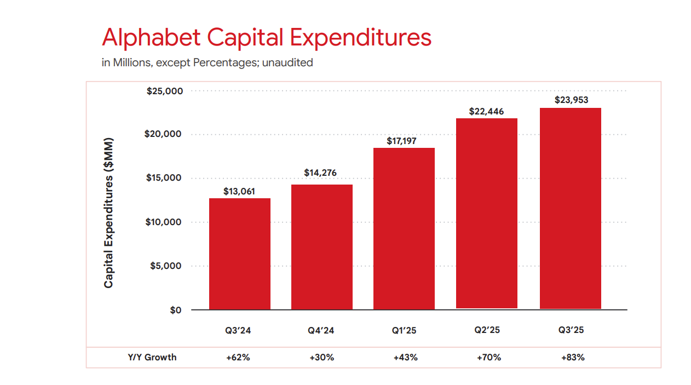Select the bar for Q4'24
322,247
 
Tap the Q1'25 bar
404,228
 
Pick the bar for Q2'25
486,214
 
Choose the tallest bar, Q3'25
571,208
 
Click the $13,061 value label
239,192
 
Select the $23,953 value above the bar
571,100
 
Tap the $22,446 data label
486,111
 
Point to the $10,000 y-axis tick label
164,222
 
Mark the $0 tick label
175,311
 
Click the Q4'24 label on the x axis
321,330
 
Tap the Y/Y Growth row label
152,358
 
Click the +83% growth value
573,358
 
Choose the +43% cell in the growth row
405,358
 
